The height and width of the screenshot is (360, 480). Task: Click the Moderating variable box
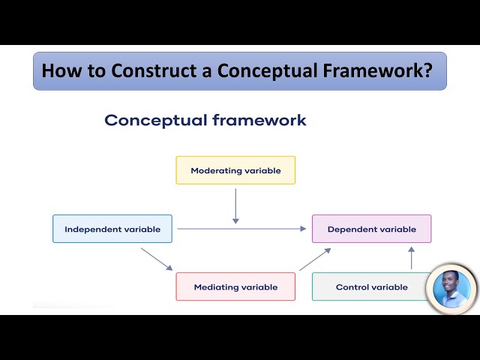pos(235,170)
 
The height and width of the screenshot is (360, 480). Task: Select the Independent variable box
pos(112,229)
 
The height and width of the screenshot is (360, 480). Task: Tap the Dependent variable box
pos(372,229)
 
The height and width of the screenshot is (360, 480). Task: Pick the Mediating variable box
pos(235,286)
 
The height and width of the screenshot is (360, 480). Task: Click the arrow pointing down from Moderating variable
pos(235,205)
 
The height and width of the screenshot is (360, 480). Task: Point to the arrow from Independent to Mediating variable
pos(157,259)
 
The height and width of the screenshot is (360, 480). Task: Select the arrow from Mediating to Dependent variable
pos(315,259)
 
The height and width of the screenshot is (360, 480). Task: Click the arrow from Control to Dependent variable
pos(411,258)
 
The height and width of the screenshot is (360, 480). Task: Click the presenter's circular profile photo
pos(451,289)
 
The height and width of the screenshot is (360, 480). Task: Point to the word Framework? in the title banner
pos(383,71)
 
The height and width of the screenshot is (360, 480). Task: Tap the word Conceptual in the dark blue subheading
pos(155,120)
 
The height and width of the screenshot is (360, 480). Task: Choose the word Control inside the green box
pos(351,286)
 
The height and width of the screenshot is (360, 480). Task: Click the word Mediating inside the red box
pos(217,286)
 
